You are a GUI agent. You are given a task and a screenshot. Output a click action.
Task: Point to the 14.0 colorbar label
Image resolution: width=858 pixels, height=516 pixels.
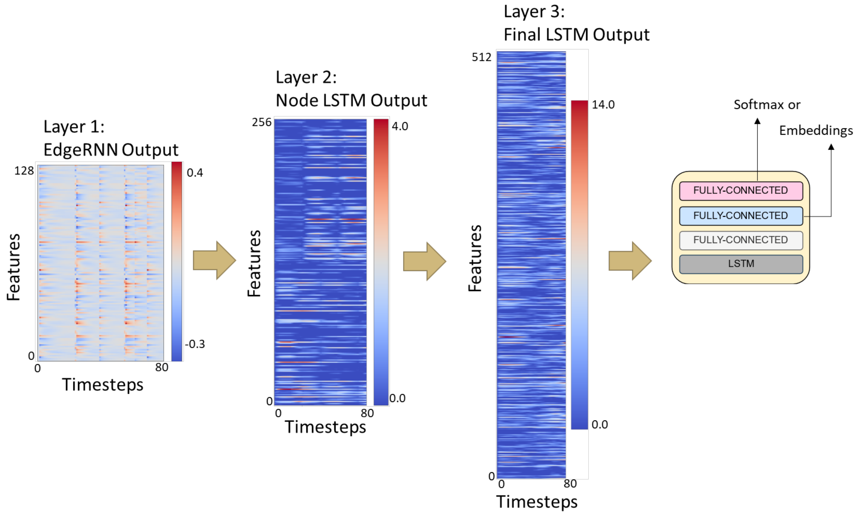tap(603, 105)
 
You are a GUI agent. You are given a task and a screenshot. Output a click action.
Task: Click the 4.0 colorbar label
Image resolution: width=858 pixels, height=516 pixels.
tap(400, 126)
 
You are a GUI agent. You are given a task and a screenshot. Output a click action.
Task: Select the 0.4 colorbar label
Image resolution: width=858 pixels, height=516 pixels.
tap(195, 173)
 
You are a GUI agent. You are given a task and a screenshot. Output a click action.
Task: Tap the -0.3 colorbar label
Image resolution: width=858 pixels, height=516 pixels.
tap(195, 344)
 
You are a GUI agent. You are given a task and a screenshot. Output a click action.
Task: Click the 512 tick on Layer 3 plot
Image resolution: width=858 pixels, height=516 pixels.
tap(481, 57)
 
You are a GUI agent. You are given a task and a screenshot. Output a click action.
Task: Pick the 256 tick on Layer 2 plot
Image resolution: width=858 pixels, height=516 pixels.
tap(261, 122)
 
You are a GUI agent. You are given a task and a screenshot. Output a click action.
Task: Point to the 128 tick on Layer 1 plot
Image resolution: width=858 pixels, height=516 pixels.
tap(24, 171)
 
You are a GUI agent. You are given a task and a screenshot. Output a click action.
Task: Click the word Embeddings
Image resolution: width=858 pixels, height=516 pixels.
tap(816, 130)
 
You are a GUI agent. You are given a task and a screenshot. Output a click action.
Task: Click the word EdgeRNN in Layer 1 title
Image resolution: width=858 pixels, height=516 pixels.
tap(81, 150)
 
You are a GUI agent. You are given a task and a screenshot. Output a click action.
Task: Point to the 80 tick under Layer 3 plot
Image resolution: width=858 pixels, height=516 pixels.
tap(570, 484)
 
